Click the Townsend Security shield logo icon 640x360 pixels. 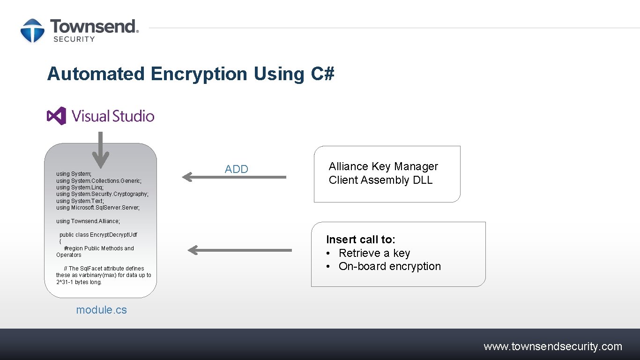coord(32,31)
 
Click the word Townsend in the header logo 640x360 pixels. coord(94,27)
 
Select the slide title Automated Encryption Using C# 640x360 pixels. coord(191,74)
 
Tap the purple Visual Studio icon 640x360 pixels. coord(57,116)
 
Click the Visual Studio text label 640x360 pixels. coord(113,116)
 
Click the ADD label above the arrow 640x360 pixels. coord(237,169)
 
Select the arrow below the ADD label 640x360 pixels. coord(234,177)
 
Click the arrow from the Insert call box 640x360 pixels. coord(239,250)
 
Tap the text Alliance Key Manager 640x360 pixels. coord(383,166)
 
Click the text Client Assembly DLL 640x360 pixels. coord(380,180)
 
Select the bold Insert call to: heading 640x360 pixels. coord(361,240)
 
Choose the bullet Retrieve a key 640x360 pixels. coord(374,253)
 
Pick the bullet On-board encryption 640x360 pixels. coord(389,266)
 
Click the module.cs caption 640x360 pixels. coord(101,310)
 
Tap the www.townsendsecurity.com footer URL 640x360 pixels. coord(553,346)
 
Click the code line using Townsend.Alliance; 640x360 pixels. coord(88,221)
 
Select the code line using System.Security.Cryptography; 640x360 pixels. coord(102,194)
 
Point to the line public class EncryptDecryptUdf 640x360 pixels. coord(98,235)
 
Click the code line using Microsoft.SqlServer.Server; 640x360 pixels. coord(98,208)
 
